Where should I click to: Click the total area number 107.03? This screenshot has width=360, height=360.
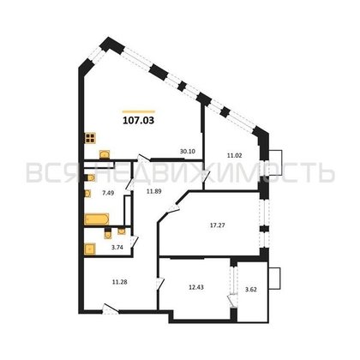[x=139, y=122]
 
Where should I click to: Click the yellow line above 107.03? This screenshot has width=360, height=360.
[x=139, y=111]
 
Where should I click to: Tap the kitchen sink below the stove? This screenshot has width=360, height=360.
[x=105, y=154]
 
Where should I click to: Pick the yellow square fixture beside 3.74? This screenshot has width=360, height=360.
[x=90, y=249]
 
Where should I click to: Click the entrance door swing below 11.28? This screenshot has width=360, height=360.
[x=107, y=310]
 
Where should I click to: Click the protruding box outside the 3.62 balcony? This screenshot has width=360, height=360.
[x=275, y=279]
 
